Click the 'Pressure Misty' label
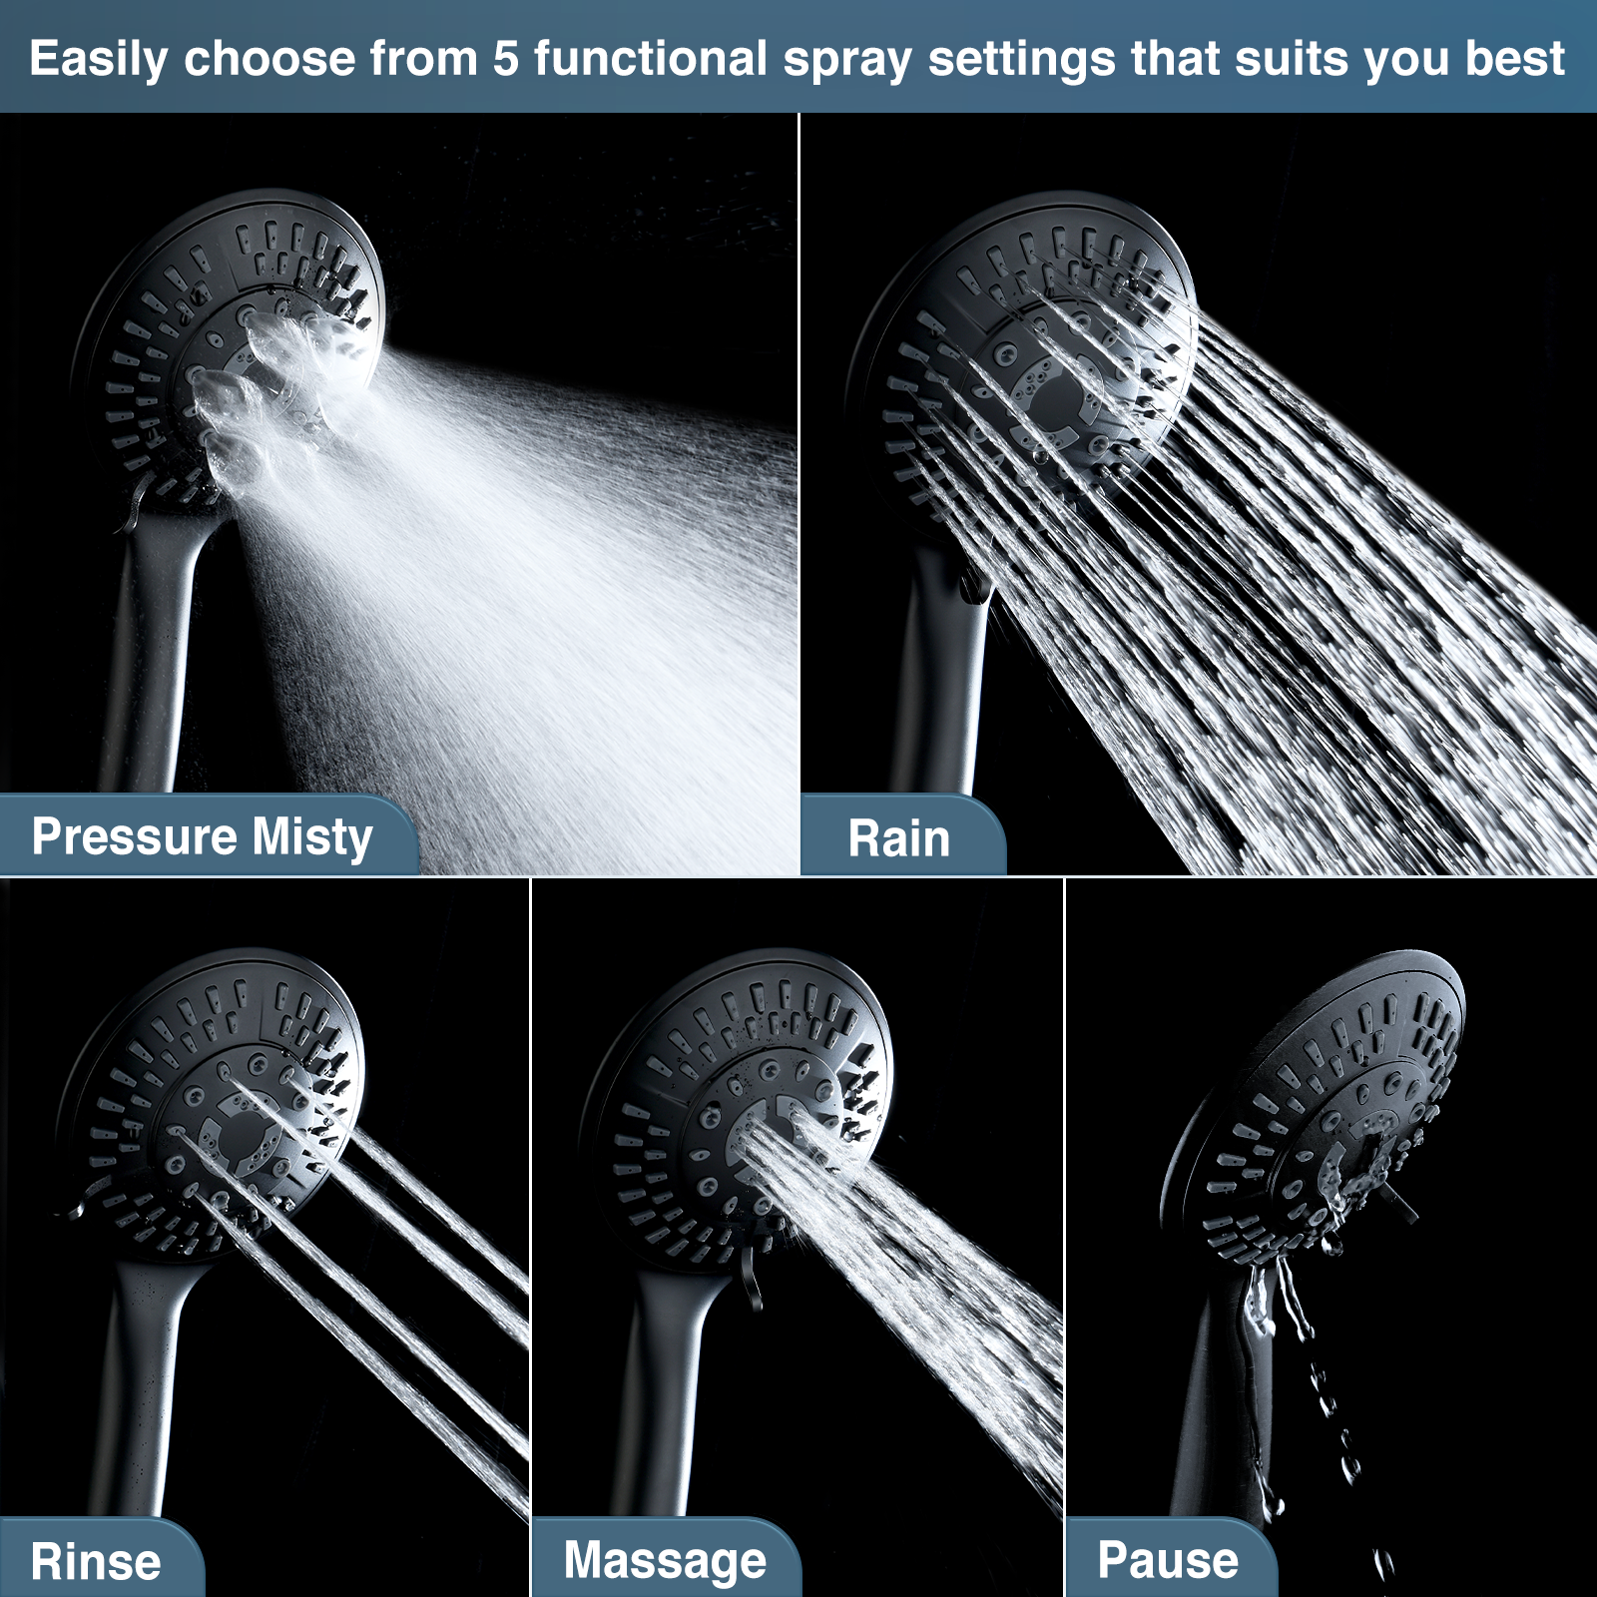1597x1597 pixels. (202, 836)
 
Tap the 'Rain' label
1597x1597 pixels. (898, 838)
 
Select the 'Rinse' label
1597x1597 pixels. (96, 1561)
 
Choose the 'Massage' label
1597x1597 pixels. (665, 1560)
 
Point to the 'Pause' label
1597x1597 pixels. (1168, 1559)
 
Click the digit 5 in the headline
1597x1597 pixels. (506, 58)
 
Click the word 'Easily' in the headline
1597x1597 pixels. (98, 58)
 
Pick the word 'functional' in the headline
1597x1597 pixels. (650, 58)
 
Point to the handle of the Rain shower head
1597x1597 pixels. (938, 679)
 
